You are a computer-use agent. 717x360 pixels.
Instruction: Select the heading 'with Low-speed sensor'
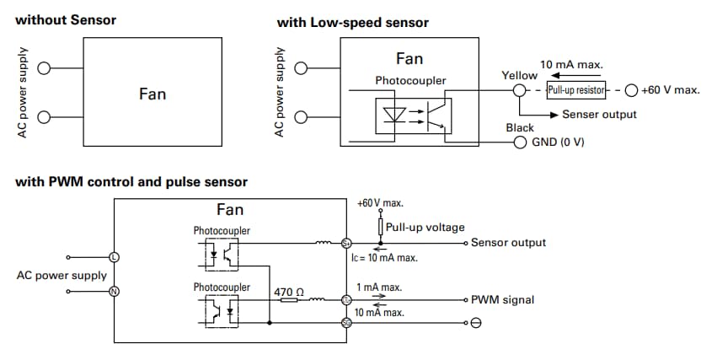(x=352, y=23)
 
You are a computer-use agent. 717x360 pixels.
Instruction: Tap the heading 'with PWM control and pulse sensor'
(x=131, y=182)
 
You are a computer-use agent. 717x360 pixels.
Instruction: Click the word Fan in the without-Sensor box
(x=152, y=94)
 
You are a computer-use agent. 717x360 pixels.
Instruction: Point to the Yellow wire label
(x=519, y=76)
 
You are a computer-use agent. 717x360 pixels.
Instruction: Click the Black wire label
(x=520, y=127)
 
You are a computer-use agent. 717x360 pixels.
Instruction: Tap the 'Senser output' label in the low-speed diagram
(x=599, y=114)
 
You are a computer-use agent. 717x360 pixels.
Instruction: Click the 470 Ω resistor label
(x=288, y=292)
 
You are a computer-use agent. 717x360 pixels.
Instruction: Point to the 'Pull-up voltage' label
(x=425, y=228)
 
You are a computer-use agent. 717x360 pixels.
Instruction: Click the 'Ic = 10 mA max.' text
(x=385, y=258)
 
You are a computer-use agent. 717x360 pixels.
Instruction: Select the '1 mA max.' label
(x=378, y=287)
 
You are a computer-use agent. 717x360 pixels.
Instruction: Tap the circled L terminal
(x=115, y=256)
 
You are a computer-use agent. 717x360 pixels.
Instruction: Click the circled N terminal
(x=115, y=292)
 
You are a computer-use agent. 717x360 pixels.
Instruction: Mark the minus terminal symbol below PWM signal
(x=475, y=324)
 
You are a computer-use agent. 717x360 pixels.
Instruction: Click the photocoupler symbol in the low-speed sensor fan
(x=414, y=116)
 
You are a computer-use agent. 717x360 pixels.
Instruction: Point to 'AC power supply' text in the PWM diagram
(x=62, y=275)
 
